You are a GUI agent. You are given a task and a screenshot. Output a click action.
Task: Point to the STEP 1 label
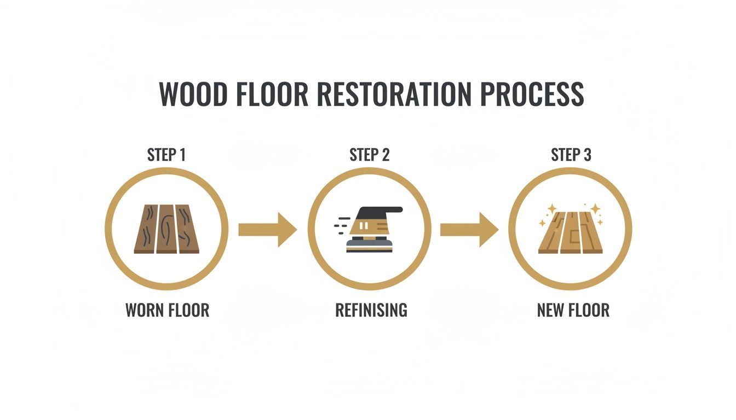coord(166,155)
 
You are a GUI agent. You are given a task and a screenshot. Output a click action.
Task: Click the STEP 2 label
coord(369,155)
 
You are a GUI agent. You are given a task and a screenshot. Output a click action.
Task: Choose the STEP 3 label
coord(571,155)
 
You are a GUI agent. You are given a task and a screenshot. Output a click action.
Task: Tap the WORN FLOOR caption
coord(167,311)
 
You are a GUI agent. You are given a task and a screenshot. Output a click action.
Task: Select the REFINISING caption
coord(371,311)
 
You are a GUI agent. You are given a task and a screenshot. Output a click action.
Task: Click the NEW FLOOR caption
coord(573,311)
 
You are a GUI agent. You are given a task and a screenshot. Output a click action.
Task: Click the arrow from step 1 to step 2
coord(267,229)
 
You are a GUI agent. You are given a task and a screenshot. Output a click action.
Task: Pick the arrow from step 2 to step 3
coord(469,229)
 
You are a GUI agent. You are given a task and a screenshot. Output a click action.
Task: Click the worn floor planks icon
coord(166,229)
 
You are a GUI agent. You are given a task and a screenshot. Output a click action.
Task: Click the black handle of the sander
coord(383,210)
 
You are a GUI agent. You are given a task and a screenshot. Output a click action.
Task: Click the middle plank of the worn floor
coord(166,229)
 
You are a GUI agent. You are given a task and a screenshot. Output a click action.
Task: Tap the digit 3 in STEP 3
coord(587,155)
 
